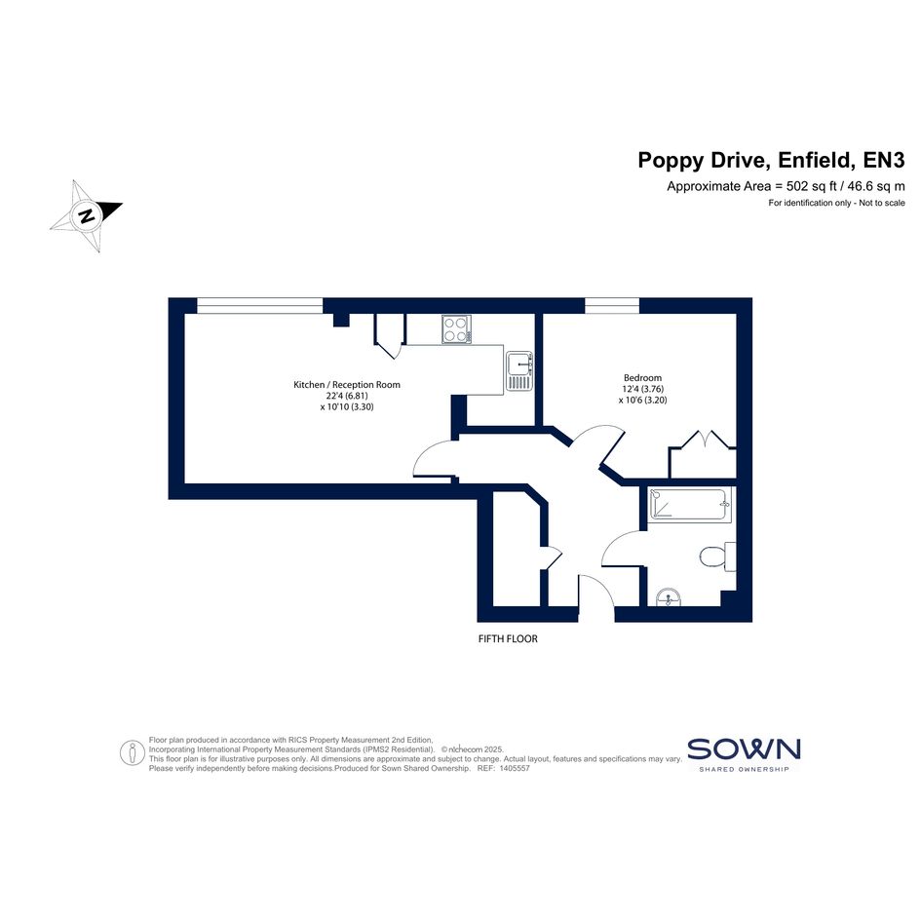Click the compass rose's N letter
(x=87, y=215)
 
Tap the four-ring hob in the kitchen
(x=456, y=329)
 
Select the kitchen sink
(x=519, y=371)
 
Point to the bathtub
(x=690, y=505)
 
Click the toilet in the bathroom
(x=717, y=556)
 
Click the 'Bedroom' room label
(x=642, y=378)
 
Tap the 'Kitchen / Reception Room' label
(x=347, y=385)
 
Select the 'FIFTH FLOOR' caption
(x=508, y=638)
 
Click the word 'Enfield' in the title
(x=814, y=160)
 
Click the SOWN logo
(x=744, y=754)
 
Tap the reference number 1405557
(x=514, y=768)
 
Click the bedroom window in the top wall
(x=611, y=305)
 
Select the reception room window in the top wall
(x=259, y=305)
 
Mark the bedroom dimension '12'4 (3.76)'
(x=642, y=389)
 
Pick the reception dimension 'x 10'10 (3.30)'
(x=347, y=406)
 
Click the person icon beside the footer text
(x=133, y=752)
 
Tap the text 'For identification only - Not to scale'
(x=836, y=204)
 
